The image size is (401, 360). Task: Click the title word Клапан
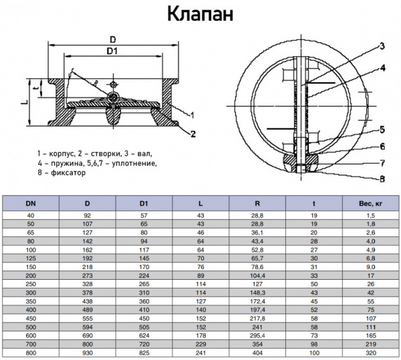[x=200, y=14]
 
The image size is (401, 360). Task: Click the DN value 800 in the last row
[x=31, y=351]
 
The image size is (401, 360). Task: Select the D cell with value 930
[x=87, y=351]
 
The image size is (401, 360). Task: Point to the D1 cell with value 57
[x=144, y=216]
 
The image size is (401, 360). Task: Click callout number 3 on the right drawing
[x=382, y=46]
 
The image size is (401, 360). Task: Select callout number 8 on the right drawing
[x=382, y=178]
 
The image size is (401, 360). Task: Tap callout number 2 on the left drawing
[x=192, y=134]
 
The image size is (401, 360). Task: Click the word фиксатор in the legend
[x=59, y=172]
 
